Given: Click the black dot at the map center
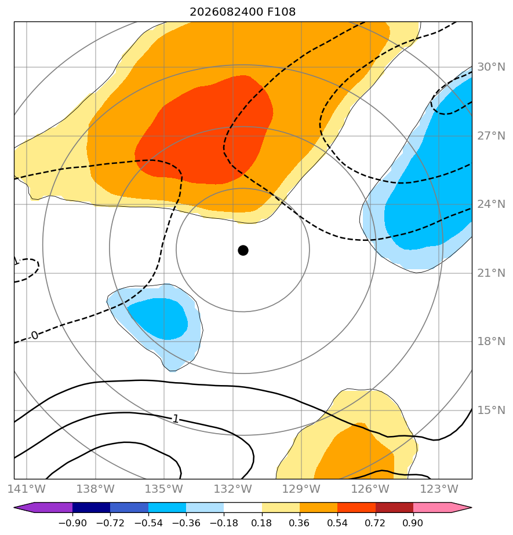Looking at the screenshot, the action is [243, 251].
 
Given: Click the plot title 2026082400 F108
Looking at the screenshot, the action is [242, 12].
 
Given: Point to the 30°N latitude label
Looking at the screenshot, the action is [491, 67].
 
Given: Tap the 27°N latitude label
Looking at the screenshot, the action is [491, 136].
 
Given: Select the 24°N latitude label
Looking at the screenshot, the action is [491, 204].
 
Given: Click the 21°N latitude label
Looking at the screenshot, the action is [491, 273].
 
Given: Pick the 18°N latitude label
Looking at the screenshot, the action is [491, 341].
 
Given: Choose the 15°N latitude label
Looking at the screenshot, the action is [491, 410].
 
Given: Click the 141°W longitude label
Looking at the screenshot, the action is [27, 489].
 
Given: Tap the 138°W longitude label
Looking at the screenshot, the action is [95, 489].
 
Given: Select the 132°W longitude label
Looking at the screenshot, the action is [233, 489].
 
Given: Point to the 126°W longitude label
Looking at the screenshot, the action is [370, 489].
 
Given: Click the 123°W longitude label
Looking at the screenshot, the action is [439, 489].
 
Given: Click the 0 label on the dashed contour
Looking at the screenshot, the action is [35, 335].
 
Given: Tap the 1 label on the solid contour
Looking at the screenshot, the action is [176, 419].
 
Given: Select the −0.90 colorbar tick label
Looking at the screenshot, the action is [72, 523].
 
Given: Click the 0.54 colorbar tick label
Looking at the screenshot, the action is [337, 523].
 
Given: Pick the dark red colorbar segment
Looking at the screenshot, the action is [394, 507].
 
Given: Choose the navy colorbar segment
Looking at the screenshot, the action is [91, 507].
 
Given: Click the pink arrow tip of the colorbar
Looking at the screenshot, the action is [471, 507].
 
